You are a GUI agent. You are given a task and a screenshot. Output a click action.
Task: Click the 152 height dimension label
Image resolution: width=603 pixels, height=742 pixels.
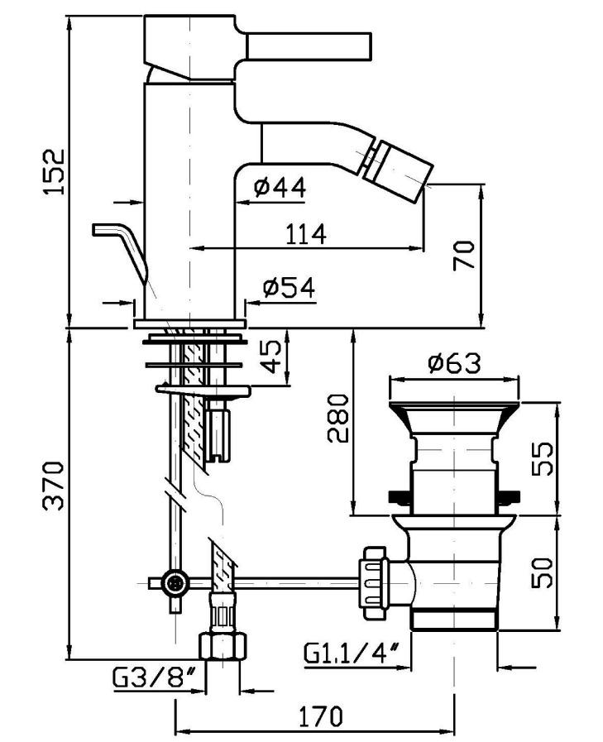pyautogui.click(x=54, y=171)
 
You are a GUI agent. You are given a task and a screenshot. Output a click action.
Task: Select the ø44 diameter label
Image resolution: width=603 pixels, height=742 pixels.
pyautogui.click(x=280, y=188)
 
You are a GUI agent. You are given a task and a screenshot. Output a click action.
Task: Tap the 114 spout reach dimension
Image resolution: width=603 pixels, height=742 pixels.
pyautogui.click(x=306, y=233)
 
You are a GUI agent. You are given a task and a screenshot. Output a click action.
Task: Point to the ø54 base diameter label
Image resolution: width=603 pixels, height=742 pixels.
pyautogui.click(x=289, y=287)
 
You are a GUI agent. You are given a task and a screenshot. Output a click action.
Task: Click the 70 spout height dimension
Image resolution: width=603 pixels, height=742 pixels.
pyautogui.click(x=463, y=255)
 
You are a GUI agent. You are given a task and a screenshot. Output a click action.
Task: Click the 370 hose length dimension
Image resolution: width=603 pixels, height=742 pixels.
pyautogui.click(x=54, y=486)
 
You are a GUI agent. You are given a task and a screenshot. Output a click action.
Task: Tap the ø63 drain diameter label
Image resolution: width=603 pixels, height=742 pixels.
pyautogui.click(x=454, y=363)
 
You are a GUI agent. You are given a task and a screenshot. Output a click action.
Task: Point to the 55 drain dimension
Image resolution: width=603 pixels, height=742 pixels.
pyautogui.click(x=543, y=458)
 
